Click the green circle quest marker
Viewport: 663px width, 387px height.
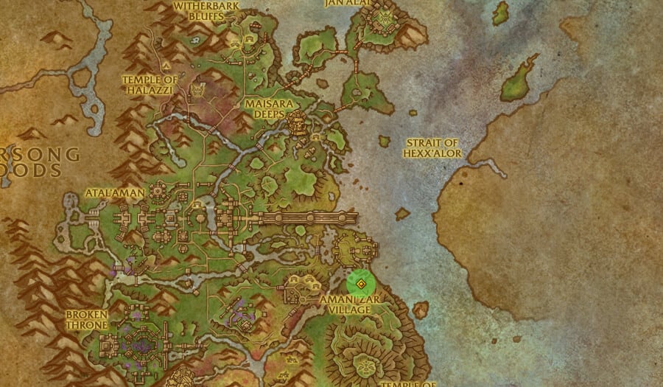(361, 283)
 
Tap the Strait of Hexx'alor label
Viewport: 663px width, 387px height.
(432, 147)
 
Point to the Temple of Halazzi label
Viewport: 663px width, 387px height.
(150, 85)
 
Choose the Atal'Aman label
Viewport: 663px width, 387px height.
(116, 192)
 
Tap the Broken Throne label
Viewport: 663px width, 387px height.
(87, 319)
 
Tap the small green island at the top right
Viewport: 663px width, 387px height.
(501, 13)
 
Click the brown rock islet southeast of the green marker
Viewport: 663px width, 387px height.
(420, 310)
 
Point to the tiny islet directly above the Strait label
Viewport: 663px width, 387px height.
(384, 140)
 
